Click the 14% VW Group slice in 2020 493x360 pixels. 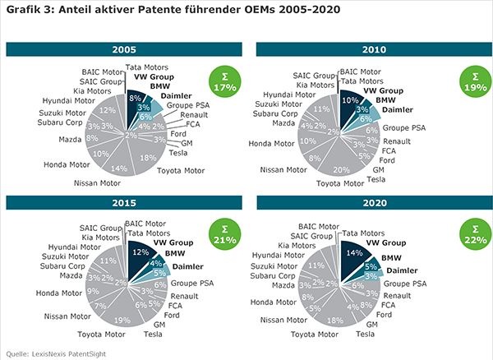[355, 256]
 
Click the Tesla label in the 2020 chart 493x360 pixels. [376, 334]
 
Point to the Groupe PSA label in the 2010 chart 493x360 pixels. [403, 128]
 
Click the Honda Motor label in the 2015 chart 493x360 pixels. [59, 293]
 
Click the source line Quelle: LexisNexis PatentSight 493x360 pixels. [53, 353]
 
